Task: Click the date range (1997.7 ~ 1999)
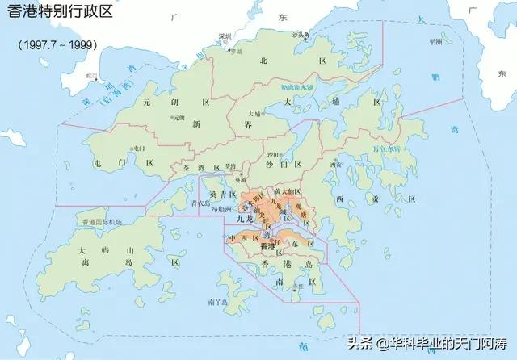tap(57, 44)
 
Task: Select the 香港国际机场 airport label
tap(101, 221)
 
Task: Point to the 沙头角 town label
tap(301, 35)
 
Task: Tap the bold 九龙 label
tap(247, 219)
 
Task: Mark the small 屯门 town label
tap(138, 149)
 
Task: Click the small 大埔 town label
tap(255, 114)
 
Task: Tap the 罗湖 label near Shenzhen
tap(236, 51)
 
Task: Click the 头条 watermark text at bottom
tap(360, 341)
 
